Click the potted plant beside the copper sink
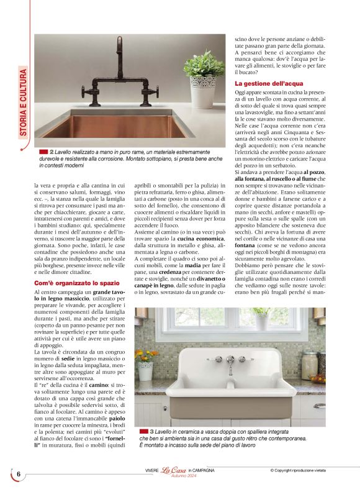click(x=204, y=78)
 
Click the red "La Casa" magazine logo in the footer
click(x=174, y=470)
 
